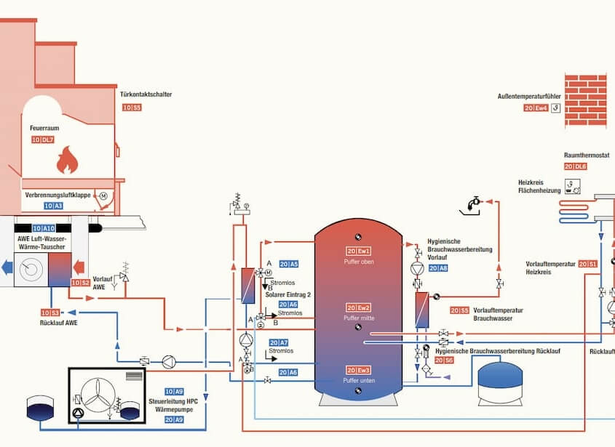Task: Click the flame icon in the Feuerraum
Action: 66,158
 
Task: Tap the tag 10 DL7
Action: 43,140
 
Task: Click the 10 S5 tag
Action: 132,108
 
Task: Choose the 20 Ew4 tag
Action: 535,108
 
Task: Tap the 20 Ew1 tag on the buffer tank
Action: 359,251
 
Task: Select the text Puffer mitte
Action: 358,319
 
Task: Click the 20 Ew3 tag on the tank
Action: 359,370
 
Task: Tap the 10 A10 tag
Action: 43,227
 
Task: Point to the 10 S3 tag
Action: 49,313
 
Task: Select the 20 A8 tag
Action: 438,268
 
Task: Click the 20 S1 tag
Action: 588,263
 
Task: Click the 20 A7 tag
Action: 279,342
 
